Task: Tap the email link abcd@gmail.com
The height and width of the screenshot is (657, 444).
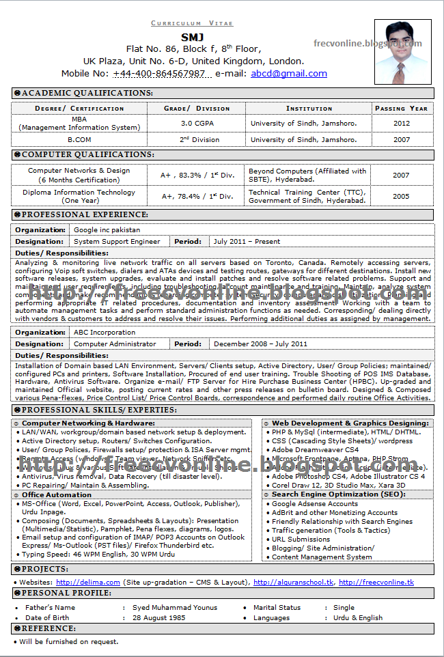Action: pyautogui.click(x=288, y=74)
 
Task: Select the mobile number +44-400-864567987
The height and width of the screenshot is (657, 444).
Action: pyautogui.click(x=159, y=74)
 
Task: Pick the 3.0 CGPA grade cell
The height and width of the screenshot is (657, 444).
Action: pyautogui.click(x=196, y=124)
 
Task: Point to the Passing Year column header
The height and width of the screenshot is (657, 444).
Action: pyautogui.click(x=401, y=109)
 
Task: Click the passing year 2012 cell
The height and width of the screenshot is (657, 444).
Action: pyautogui.click(x=401, y=124)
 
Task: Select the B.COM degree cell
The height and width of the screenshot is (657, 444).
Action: pyautogui.click(x=79, y=140)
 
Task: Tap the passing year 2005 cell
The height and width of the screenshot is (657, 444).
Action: pyautogui.click(x=401, y=197)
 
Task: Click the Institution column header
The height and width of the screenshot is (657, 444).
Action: pyautogui.click(x=309, y=109)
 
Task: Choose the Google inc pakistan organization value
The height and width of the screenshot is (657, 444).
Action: pyautogui.click(x=107, y=230)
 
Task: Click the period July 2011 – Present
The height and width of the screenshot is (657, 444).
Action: pyautogui.click(x=247, y=242)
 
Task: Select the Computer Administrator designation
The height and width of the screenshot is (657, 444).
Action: pyautogui.click(x=115, y=344)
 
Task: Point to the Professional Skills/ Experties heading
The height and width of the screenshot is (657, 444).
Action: pyautogui.click(x=99, y=410)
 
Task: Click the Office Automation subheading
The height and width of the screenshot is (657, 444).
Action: pyautogui.click(x=56, y=494)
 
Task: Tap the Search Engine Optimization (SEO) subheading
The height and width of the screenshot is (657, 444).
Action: pyautogui.click(x=338, y=494)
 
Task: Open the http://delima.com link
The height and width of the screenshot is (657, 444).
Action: pyautogui.click(x=88, y=583)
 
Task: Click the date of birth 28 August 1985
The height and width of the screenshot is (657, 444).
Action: pyautogui.click(x=158, y=618)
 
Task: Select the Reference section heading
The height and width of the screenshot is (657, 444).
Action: pyautogui.click(x=48, y=628)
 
